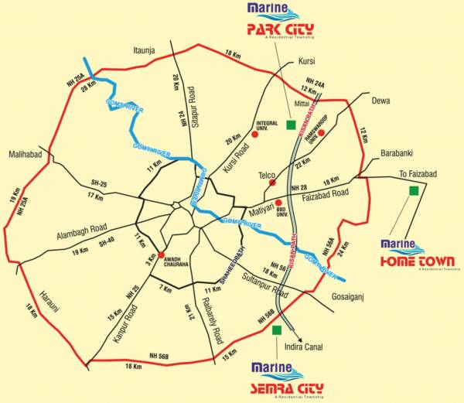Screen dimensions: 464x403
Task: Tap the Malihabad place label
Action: coord(26,153)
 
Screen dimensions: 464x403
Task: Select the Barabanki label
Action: coord(400,153)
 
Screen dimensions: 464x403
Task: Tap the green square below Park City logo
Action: coord(291,125)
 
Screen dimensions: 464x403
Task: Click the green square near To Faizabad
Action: coord(414,189)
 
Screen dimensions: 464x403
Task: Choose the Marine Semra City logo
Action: coord(287,377)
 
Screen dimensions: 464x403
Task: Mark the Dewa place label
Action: coord(380,101)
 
